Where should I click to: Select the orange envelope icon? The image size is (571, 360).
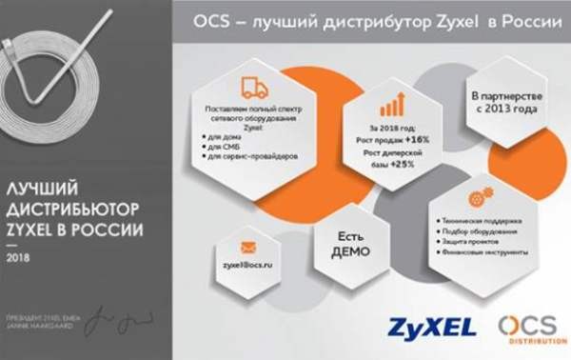pos(248,247)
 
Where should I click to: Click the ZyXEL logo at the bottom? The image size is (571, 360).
pos(431,328)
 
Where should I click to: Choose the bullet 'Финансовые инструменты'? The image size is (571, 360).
pos(487,253)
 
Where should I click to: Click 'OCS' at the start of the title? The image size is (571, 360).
pos(211,20)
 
